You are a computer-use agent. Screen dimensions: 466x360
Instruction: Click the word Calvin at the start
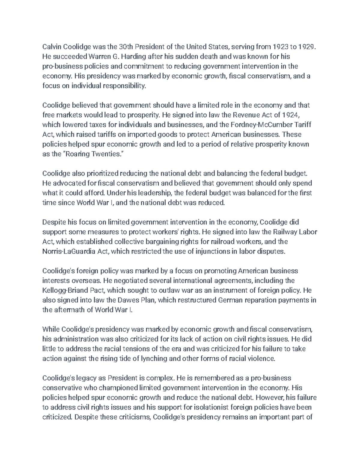(x=51, y=47)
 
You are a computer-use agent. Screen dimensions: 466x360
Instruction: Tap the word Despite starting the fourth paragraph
(x=53, y=222)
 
